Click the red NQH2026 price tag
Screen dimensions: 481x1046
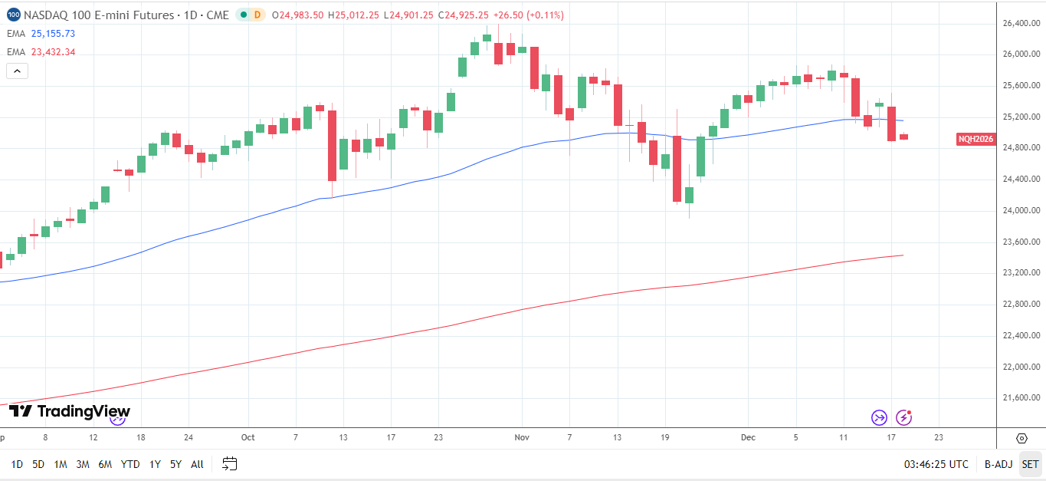(976, 140)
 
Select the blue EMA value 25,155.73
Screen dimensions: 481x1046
(53, 34)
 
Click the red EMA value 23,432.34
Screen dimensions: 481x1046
(53, 52)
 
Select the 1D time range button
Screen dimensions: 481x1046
(17, 464)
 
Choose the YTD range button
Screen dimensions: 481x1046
(130, 464)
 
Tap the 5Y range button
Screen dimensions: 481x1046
(175, 464)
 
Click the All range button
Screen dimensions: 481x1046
(197, 464)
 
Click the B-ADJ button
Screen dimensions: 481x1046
(998, 464)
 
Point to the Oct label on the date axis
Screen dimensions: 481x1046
(248, 437)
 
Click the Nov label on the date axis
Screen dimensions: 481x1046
(522, 437)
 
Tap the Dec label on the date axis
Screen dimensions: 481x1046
(748, 437)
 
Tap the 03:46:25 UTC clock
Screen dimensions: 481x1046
(936, 464)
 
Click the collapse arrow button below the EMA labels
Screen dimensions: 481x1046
(17, 71)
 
